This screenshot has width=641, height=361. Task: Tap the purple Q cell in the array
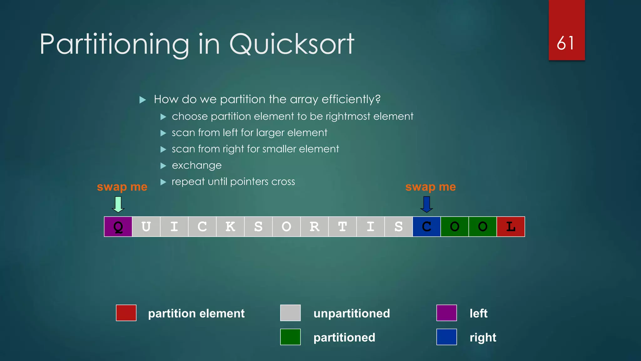[118, 227]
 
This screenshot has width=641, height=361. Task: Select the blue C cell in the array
[426, 227]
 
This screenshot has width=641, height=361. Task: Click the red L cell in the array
[510, 227]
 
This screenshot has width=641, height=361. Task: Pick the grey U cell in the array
[146, 227]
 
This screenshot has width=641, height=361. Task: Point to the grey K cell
[230, 227]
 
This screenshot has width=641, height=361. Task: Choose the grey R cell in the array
[314, 227]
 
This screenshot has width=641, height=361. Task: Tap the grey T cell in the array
[342, 227]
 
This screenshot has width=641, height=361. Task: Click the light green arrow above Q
[118, 204]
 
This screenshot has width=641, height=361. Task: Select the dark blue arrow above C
[426, 204]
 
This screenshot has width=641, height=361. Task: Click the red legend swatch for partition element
[126, 313]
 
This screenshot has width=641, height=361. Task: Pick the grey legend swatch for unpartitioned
[290, 313]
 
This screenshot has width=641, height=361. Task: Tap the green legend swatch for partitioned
[290, 337]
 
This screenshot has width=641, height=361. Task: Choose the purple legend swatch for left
[446, 313]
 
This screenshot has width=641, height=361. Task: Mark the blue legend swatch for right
[446, 337]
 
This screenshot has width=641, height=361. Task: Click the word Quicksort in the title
[292, 44]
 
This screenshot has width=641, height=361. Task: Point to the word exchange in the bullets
[197, 165]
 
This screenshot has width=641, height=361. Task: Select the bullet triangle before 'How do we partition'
[143, 100]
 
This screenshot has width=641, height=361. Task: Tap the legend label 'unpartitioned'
[351, 313]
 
